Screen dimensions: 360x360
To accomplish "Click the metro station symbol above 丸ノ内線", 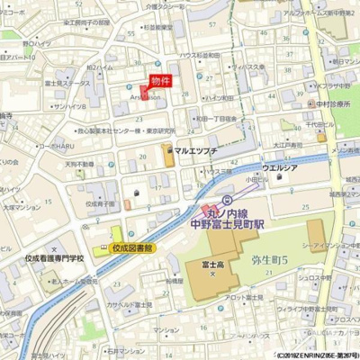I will click(x=227, y=200).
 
